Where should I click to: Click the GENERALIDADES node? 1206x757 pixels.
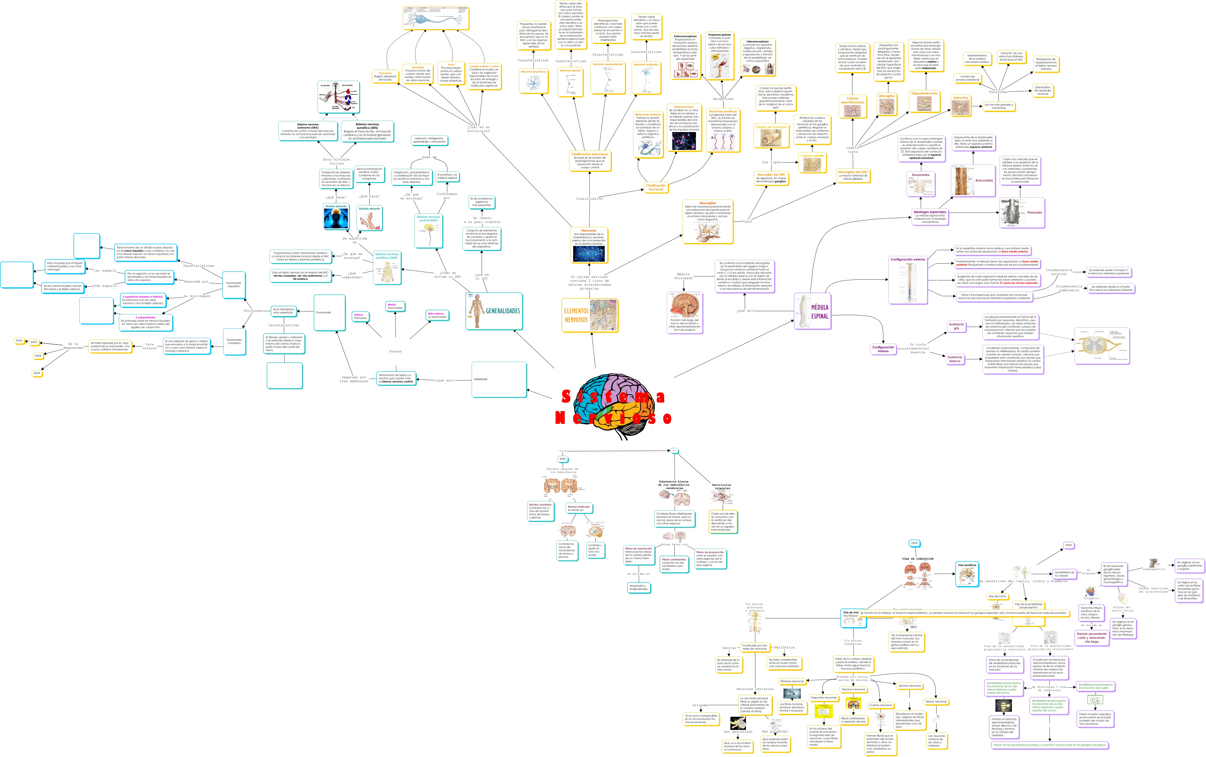(494, 311)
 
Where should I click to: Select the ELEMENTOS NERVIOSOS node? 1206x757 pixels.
(589, 315)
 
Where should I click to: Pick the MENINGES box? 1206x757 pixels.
(499, 380)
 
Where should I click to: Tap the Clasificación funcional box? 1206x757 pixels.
(655, 187)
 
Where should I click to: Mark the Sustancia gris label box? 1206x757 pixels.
(956, 326)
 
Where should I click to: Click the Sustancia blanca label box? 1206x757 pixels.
(955, 359)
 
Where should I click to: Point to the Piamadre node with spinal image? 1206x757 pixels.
(1022, 213)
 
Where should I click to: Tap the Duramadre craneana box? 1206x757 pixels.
(234, 341)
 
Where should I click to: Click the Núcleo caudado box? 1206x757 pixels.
(540, 511)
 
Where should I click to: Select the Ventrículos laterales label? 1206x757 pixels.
(721, 486)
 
